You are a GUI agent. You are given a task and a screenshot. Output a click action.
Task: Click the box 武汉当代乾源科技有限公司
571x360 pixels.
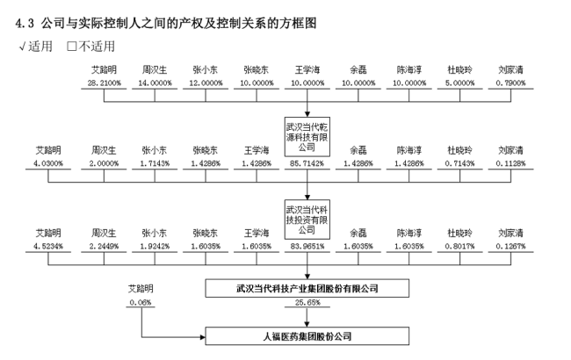pyautogui.click(x=307, y=136)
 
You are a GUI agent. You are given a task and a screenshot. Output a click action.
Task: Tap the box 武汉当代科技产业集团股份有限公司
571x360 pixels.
pyautogui.click(x=307, y=287)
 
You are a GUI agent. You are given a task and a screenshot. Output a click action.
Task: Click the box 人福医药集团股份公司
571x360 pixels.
pyautogui.click(x=307, y=335)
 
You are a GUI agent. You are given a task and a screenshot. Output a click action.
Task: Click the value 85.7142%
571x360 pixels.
pyautogui.click(x=307, y=163)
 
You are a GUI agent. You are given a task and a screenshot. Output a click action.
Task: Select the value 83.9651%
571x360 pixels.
pyautogui.click(x=307, y=247)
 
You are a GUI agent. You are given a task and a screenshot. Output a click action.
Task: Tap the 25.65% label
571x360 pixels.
pyautogui.click(x=307, y=303)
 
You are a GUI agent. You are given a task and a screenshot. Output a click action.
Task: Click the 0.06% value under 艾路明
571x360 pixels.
pyautogui.click(x=141, y=302)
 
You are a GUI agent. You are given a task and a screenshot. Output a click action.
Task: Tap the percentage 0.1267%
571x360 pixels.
pyautogui.click(x=510, y=247)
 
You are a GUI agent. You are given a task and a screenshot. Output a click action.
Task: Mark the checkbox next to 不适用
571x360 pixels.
pyautogui.click(x=73, y=46)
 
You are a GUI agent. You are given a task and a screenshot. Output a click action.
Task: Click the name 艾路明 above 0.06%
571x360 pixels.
pyautogui.click(x=141, y=288)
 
